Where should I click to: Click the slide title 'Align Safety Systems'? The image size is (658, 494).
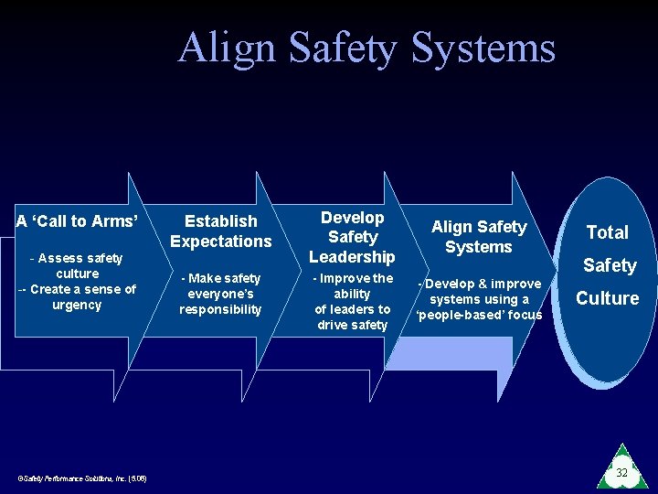click(x=366, y=48)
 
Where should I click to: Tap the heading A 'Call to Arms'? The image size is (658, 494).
click(x=77, y=220)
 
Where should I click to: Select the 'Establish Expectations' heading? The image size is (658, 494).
click(x=221, y=231)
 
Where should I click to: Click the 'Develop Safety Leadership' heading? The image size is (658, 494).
click(x=352, y=237)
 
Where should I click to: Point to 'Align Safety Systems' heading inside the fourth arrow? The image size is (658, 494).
click(x=479, y=236)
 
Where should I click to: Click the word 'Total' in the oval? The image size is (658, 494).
click(x=608, y=232)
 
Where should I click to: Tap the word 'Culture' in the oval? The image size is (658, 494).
click(x=607, y=298)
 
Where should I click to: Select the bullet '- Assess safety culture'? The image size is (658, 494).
click(x=77, y=265)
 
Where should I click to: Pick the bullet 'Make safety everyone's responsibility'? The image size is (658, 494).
click(x=220, y=294)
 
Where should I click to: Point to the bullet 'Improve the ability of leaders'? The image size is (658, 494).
click(x=352, y=301)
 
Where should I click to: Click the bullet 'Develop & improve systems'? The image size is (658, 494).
click(x=479, y=291)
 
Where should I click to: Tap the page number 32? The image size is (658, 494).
click(x=621, y=473)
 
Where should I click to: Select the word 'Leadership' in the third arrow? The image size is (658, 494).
click(x=352, y=257)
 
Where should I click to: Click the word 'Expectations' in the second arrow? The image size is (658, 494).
click(x=221, y=241)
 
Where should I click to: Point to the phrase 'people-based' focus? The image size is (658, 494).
click(x=479, y=315)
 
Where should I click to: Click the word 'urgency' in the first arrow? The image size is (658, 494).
click(x=77, y=306)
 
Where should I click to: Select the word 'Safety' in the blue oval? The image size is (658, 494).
click(x=609, y=265)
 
